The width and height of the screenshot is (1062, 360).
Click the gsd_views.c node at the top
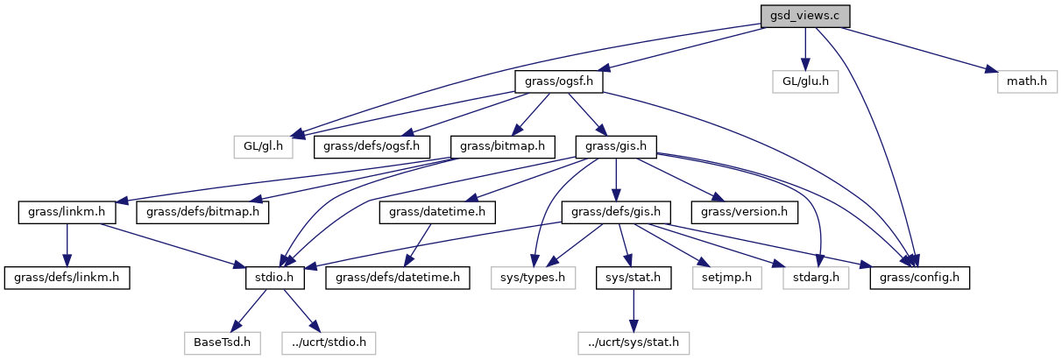804,16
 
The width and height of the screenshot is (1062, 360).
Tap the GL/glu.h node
804,82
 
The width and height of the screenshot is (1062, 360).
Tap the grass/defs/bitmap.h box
203,211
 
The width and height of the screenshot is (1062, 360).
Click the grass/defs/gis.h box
621,211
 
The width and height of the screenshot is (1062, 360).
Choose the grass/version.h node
745,211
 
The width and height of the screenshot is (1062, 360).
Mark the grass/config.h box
921,278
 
